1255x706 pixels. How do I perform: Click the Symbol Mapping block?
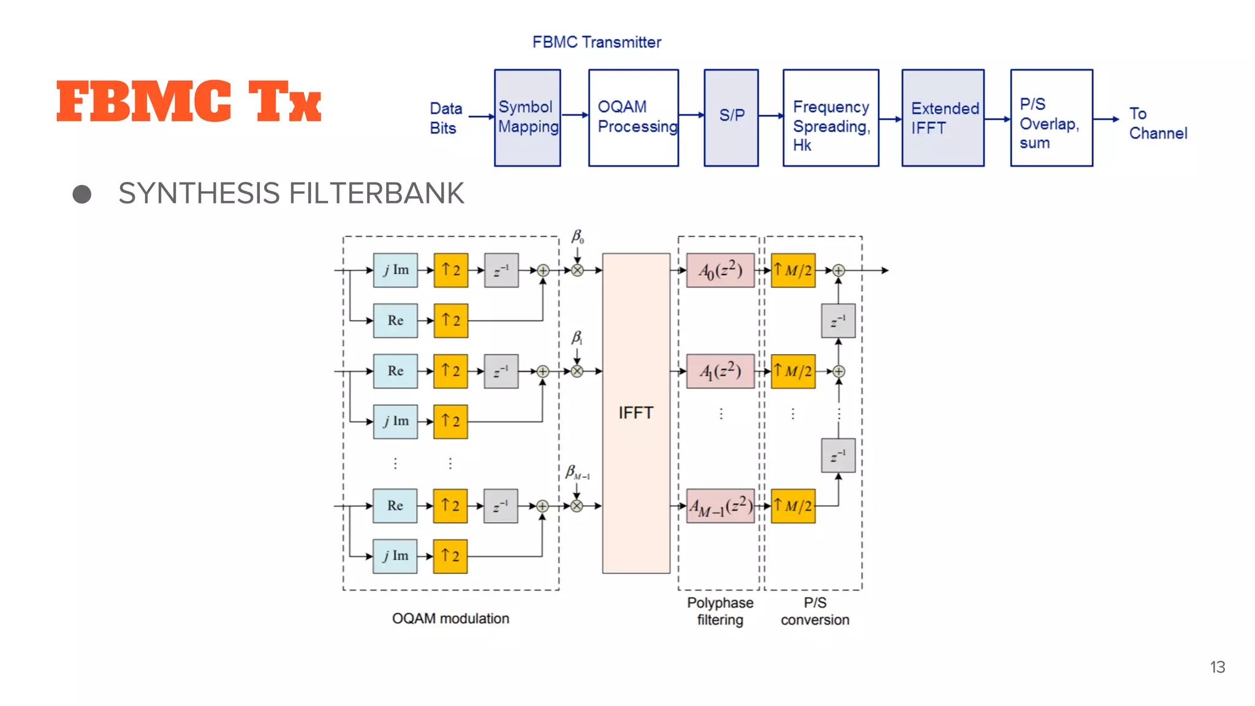point(527,117)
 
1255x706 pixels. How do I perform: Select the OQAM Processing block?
point(633,117)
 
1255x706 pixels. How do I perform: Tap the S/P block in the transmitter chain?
point(731,117)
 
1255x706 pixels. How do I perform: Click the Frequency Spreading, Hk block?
point(830,117)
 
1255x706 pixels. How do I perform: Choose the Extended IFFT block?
point(942,117)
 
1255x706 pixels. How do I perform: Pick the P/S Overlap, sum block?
point(1051,117)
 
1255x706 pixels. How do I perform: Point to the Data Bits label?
point(445,118)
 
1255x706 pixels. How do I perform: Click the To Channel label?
point(1157,123)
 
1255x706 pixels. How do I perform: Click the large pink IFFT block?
point(635,413)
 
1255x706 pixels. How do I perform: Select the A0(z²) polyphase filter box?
point(720,270)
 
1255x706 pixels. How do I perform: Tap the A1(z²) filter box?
point(720,371)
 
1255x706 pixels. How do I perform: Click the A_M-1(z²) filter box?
point(720,506)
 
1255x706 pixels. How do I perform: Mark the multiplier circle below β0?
point(577,270)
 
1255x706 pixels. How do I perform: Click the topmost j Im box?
point(395,270)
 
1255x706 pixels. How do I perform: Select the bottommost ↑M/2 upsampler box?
point(793,506)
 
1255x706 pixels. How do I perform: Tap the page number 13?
point(1217,667)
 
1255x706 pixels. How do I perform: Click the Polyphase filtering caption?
point(720,611)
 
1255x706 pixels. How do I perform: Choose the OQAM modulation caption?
point(450,618)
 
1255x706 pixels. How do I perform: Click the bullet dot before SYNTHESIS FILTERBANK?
point(82,194)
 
